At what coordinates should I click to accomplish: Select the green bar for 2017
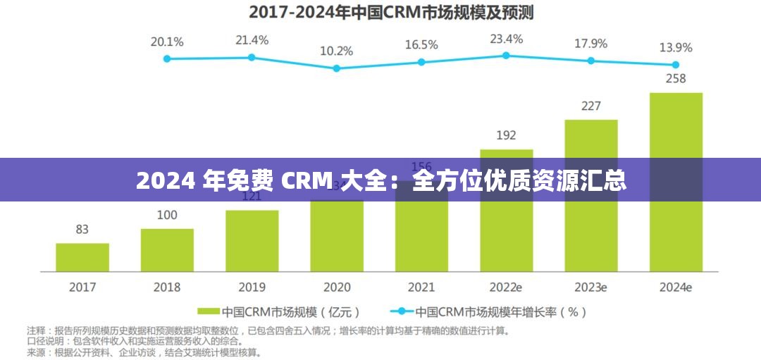pos(82,257)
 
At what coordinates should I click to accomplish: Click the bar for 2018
pos(167,250)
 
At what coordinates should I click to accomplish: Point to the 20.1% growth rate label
pos(167,42)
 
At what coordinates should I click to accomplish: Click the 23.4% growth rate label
pos(506,39)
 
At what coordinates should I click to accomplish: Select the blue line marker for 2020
pos(336,68)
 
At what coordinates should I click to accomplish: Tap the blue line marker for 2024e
pos(676,64)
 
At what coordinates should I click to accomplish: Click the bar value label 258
pos(676,79)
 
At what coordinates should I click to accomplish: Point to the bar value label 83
pos(82,229)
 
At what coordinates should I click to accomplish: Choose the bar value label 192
pos(506,135)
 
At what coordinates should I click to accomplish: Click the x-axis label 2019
pos(252,287)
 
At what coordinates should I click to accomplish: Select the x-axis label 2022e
pos(506,287)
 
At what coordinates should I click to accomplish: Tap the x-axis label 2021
pos(421,287)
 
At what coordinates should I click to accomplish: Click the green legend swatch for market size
pos(209,311)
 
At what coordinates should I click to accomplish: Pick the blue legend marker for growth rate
pos(402,311)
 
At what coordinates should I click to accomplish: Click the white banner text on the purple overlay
pos(380,181)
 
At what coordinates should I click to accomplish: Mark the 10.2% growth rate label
pos(336,51)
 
